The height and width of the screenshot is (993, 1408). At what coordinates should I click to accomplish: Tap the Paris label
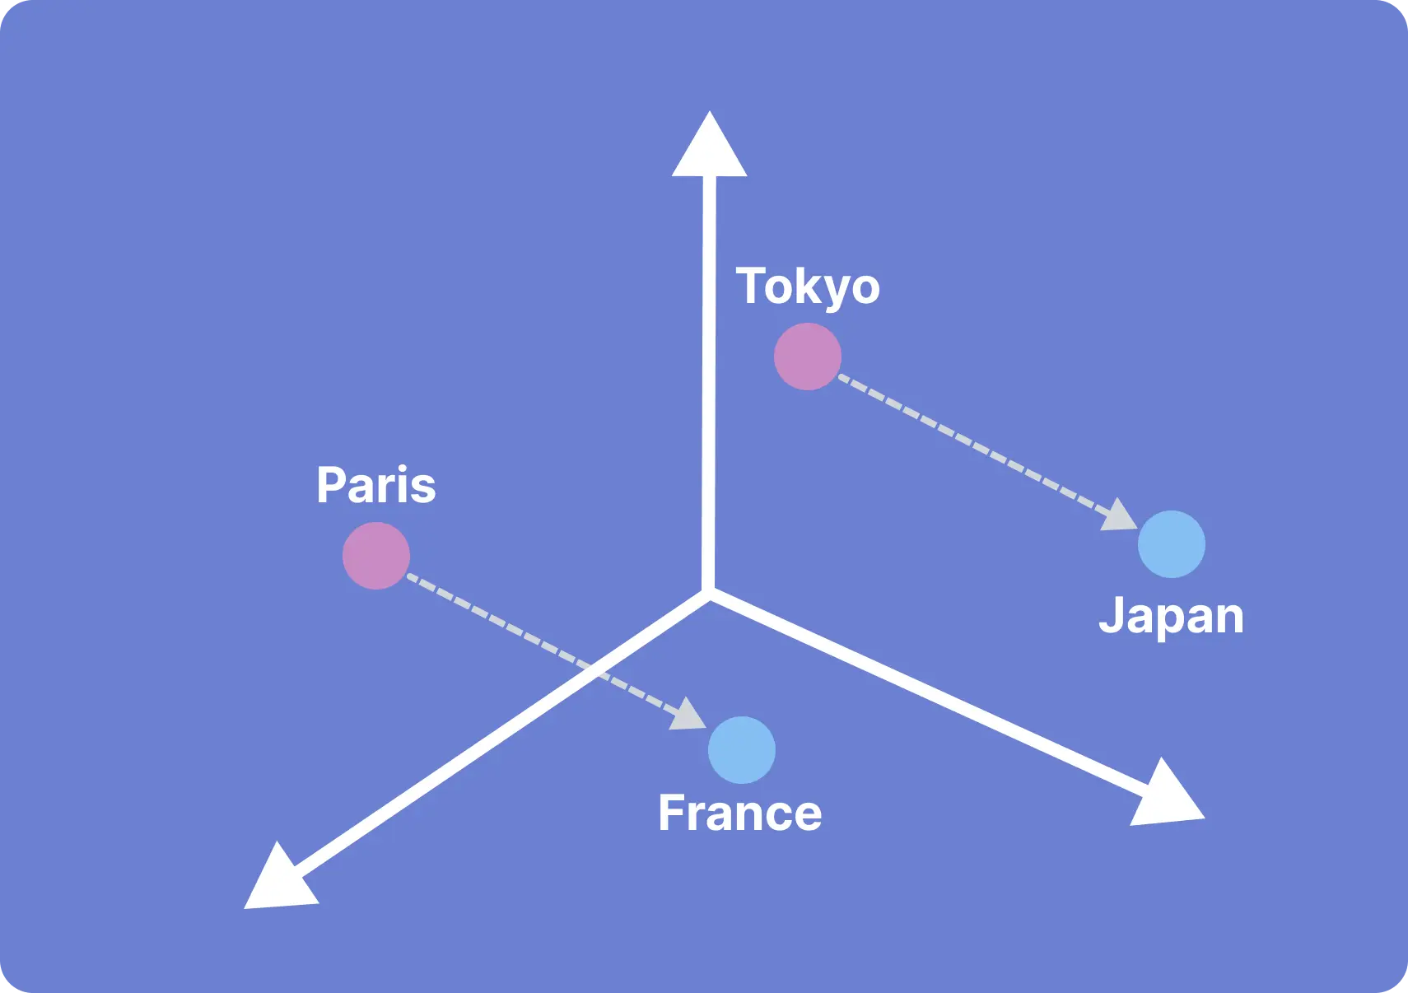pos(376,484)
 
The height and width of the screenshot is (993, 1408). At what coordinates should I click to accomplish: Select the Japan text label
pos(1171,618)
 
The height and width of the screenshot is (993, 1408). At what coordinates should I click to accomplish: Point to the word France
pos(740,814)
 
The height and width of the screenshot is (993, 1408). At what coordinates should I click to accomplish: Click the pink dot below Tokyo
pos(808,357)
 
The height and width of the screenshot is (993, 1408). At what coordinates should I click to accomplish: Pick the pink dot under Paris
pos(376,556)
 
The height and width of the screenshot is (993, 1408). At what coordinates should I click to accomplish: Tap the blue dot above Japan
pos(1172,544)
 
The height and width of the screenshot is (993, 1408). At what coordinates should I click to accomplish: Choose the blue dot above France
pos(742,750)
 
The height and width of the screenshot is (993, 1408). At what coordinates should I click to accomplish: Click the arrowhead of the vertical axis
pos(710,144)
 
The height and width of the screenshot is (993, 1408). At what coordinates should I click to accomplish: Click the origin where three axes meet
pos(709,594)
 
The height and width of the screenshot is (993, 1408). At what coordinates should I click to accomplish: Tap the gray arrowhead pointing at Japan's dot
pos(1120,515)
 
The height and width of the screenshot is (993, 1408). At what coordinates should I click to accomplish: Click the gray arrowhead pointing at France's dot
pos(689,715)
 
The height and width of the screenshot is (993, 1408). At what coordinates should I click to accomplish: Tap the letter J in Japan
pos(1111,614)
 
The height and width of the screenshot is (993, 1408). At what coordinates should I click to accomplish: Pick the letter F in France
pos(671,813)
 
